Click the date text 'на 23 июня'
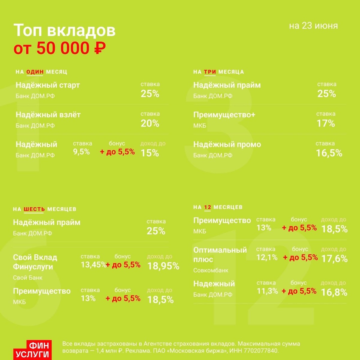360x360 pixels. point(313,26)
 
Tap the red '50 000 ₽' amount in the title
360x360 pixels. point(71,48)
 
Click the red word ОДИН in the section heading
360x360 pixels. point(35,72)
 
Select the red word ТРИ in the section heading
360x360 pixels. point(210,72)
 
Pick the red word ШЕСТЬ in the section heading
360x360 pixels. point(34,209)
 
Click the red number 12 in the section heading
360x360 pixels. point(208,207)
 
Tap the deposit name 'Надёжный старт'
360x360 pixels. point(48,85)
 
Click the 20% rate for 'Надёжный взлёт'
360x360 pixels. point(150,123)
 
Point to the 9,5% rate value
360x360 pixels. point(82,152)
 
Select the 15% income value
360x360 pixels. point(150,153)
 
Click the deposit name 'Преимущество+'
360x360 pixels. point(224,115)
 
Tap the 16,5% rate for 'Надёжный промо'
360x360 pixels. point(329,153)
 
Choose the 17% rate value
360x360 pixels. point(326,123)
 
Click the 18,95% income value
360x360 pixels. point(163,266)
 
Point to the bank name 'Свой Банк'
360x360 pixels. point(28,277)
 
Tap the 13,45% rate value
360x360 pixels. point(93,265)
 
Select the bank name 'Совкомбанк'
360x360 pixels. point(211,270)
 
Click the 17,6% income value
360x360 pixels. point(334,259)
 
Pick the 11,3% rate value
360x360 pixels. point(267,291)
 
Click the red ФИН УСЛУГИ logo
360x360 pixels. point(32,350)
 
